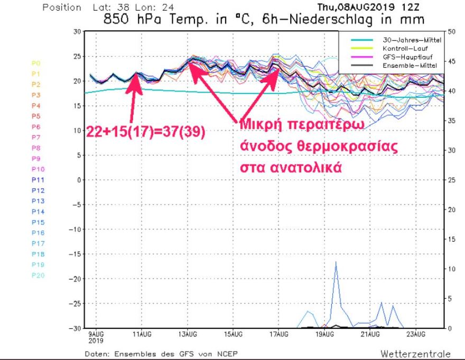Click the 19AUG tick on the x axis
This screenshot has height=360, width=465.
[325, 334]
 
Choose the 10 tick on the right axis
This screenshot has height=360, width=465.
[450, 269]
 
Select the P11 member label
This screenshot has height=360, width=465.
[38, 180]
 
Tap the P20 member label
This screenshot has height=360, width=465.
[38, 275]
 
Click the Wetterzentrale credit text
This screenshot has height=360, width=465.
[415, 354]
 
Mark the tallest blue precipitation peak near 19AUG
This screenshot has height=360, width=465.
[336, 262]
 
